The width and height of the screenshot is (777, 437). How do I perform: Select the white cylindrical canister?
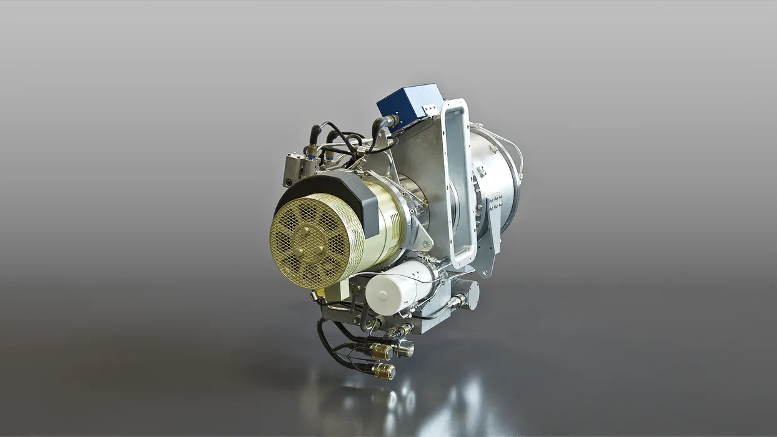tap(400, 287)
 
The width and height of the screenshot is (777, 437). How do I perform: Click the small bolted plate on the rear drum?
tap(495, 204)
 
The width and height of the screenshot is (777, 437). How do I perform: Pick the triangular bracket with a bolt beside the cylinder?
tap(425, 237)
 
